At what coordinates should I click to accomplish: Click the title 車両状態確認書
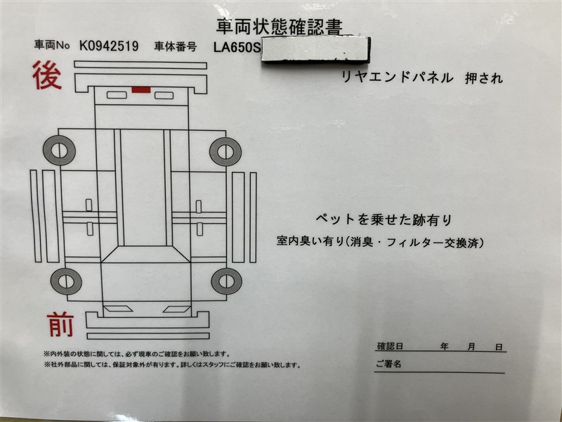tap(280, 26)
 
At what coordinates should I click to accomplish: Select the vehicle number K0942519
tap(109, 46)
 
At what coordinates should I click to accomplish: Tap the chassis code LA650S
tap(237, 47)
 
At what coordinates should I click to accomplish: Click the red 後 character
tap(47, 76)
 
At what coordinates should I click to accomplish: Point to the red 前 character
tap(60, 324)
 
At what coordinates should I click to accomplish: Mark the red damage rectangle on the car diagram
tap(141, 90)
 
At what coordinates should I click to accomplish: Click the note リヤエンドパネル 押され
tap(422, 77)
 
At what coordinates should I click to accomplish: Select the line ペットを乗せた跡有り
tap(384, 219)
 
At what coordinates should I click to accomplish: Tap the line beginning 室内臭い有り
tap(380, 242)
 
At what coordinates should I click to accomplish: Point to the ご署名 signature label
tap(388, 364)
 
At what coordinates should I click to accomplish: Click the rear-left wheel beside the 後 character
tap(59, 151)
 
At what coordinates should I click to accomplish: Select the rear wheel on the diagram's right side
tap(226, 151)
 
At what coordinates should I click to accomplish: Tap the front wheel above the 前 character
tap(66, 281)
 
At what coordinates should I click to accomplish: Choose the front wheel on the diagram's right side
tap(226, 281)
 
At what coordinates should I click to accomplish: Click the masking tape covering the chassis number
tap(315, 49)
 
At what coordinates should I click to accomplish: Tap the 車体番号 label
tap(175, 46)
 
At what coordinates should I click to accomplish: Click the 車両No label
tap(51, 44)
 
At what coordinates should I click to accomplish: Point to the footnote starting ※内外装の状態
tap(136, 354)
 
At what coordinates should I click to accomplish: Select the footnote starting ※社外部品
tap(172, 365)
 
